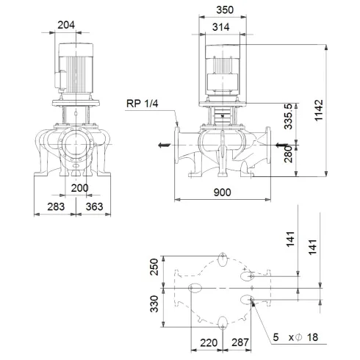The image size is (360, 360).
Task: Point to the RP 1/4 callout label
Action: (x=142, y=104)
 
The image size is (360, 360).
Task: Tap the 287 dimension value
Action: (x=239, y=342)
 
